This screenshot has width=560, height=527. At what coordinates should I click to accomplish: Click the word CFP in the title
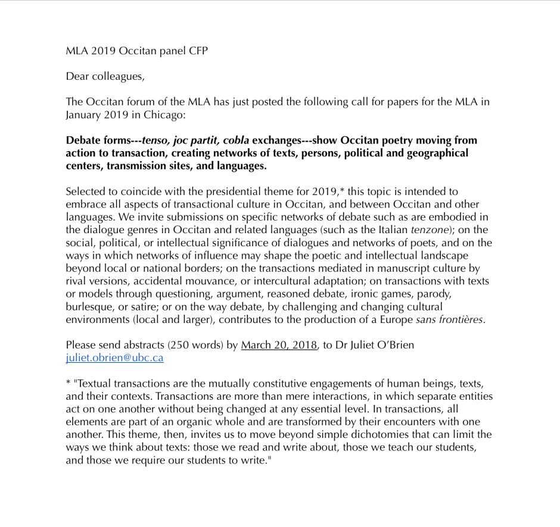pos(197,51)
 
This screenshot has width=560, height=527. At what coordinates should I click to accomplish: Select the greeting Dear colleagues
pos(105,76)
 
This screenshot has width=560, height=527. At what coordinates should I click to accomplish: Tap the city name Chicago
pos(161,115)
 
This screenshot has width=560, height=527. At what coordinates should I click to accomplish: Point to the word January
pos(83,115)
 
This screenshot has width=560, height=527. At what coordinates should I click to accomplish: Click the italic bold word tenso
pos(156,140)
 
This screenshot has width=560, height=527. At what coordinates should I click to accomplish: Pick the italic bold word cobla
pos(236,140)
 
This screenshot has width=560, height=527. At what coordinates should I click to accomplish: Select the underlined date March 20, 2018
pos(279,345)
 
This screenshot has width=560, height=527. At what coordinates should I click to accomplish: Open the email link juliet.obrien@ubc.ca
pos(114,358)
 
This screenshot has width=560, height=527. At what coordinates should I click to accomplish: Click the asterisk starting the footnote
pos(68,383)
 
